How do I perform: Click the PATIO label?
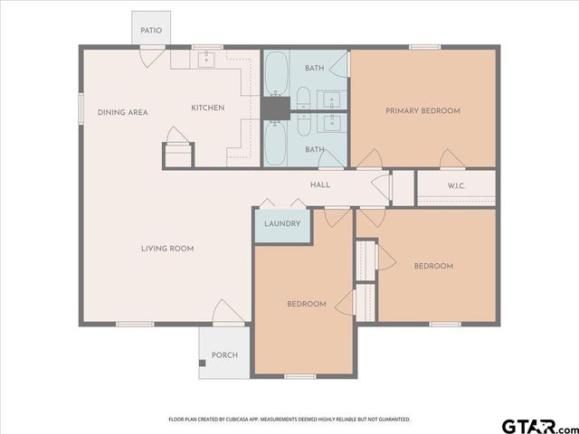pyautogui.click(x=151, y=31)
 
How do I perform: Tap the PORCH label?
pyautogui.click(x=224, y=354)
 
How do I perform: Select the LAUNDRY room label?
pyautogui.click(x=282, y=224)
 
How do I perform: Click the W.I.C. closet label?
pyautogui.click(x=456, y=187)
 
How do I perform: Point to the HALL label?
pyautogui.click(x=320, y=184)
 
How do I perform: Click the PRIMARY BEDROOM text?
pyautogui.click(x=422, y=111)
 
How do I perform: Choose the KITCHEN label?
pyautogui.click(x=207, y=108)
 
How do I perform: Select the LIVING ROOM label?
pyautogui.click(x=167, y=249)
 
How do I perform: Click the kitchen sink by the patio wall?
pyautogui.click(x=204, y=60)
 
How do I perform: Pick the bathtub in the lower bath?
pyautogui.click(x=276, y=142)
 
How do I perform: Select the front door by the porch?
pyautogui.click(x=226, y=313)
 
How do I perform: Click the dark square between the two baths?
pyautogui.click(x=274, y=108)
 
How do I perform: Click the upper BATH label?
pyautogui.click(x=314, y=68)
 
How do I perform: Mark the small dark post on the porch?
pyautogui.click(x=203, y=364)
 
